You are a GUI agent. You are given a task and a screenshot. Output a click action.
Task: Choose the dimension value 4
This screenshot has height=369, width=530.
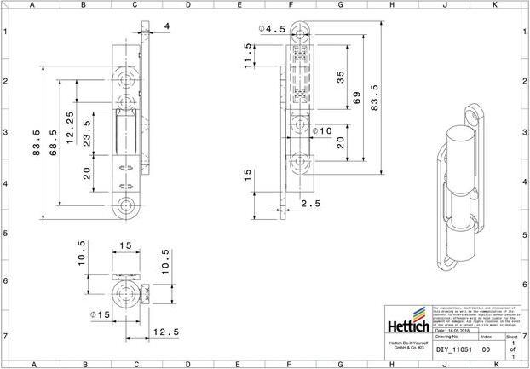[x=166, y=26]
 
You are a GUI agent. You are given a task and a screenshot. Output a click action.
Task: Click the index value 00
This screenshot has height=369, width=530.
[x=486, y=349]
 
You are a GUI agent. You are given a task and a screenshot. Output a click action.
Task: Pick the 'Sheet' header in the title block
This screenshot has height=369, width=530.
[x=511, y=337]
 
